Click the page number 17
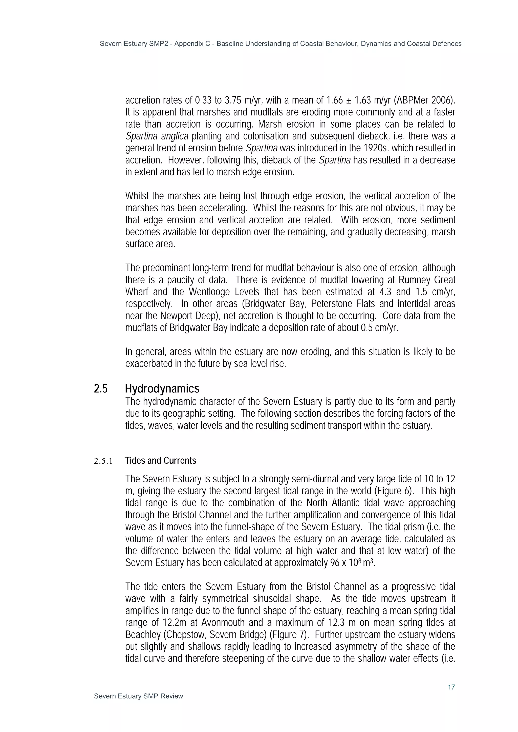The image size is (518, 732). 451,687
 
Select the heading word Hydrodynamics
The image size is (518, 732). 162,389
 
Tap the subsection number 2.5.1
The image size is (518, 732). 103,461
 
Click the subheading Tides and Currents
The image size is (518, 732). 161,460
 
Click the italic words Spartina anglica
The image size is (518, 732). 157,136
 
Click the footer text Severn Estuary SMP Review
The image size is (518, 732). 139,696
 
